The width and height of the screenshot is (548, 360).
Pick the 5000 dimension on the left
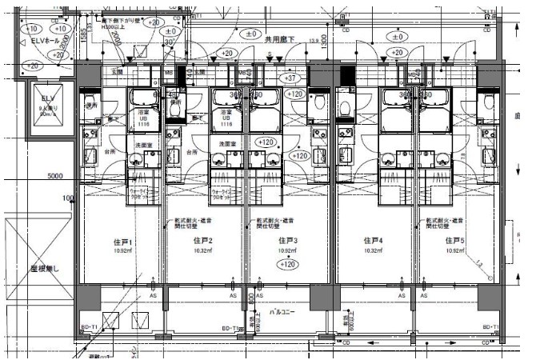(x=54, y=177)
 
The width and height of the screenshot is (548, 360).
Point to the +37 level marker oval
(x=292, y=78)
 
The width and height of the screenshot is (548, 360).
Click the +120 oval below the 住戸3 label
(x=288, y=264)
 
